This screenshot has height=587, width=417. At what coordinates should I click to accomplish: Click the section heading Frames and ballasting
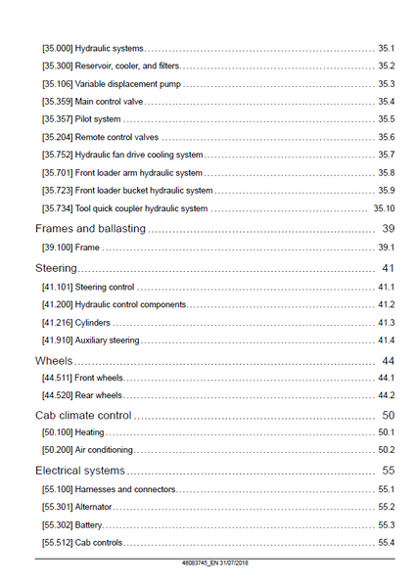pos(90,228)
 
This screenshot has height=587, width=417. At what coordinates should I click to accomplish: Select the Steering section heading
pos(56,268)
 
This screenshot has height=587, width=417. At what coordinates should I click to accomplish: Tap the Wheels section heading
pos(54,360)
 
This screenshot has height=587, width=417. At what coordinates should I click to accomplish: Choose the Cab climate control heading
pos(83,415)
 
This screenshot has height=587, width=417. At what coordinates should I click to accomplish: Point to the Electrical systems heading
pos(80,471)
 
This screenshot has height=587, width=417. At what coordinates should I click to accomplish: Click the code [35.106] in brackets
pos(57,84)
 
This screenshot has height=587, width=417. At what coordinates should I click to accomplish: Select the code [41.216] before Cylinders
pos(57,322)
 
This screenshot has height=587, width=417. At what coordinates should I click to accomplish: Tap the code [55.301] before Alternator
pos(57,507)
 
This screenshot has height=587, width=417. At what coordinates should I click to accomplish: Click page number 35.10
pos(384,208)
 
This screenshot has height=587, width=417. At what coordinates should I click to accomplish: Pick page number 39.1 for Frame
pos(387,248)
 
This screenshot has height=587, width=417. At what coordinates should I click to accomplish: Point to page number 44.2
pos(387,395)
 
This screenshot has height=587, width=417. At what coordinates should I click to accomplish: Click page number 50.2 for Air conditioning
pos(387,450)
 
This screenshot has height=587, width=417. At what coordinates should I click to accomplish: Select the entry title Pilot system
pos(98,119)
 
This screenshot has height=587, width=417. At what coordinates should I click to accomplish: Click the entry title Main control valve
pos(109,102)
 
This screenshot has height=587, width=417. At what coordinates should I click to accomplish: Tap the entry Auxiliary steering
pos(107,340)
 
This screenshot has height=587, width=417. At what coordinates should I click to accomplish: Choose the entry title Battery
pos(88,524)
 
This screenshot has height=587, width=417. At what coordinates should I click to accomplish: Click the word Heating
pos(89,432)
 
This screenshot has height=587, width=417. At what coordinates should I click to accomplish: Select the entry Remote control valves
pos(116,137)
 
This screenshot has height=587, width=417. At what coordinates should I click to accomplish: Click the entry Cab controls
pos(99,542)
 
